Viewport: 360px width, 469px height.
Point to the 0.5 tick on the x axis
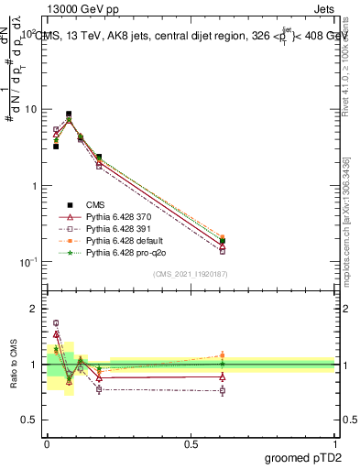pos(191,441)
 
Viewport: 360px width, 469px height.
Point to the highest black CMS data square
pos(69,115)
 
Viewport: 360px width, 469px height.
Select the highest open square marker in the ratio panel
pos(56,322)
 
